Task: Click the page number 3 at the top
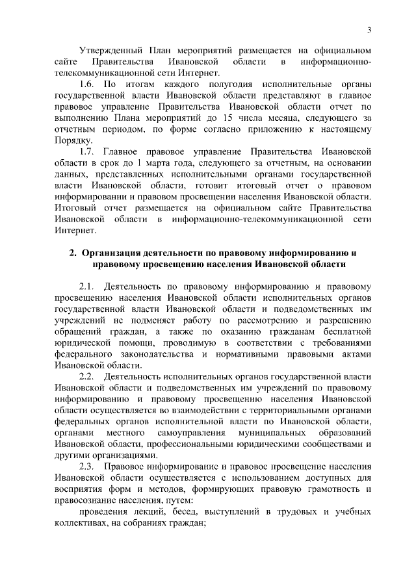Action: [369, 30]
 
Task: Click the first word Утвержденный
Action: [106, 50]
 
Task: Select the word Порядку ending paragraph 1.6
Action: [73, 140]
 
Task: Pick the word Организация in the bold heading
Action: [118, 253]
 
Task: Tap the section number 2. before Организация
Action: [74, 253]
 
